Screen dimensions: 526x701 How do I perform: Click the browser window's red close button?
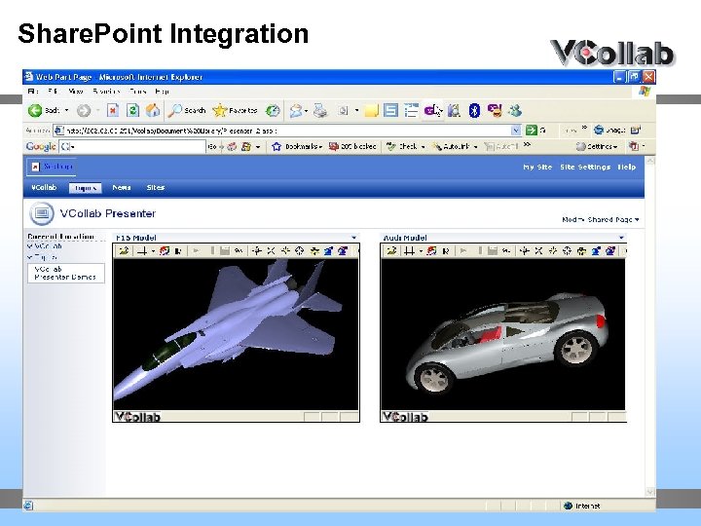[x=646, y=75]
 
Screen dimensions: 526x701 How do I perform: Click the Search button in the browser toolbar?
[x=187, y=111]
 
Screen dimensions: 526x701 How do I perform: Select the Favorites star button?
[x=235, y=111]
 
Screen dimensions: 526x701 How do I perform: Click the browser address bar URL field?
[x=282, y=130]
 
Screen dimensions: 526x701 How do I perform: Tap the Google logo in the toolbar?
[x=40, y=147]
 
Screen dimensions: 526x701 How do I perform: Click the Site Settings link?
[x=585, y=168]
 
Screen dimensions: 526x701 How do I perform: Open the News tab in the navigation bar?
[x=122, y=188]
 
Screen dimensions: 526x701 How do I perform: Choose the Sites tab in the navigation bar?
[x=156, y=188]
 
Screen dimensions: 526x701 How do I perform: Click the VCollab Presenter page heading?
[x=107, y=213]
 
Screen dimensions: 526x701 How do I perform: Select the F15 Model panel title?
[x=136, y=238]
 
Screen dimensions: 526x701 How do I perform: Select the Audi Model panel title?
[x=405, y=238]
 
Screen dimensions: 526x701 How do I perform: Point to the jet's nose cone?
[x=122, y=394]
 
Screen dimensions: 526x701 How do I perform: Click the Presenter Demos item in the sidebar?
[x=64, y=278]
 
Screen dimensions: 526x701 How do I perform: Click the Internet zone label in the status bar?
[x=587, y=506]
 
